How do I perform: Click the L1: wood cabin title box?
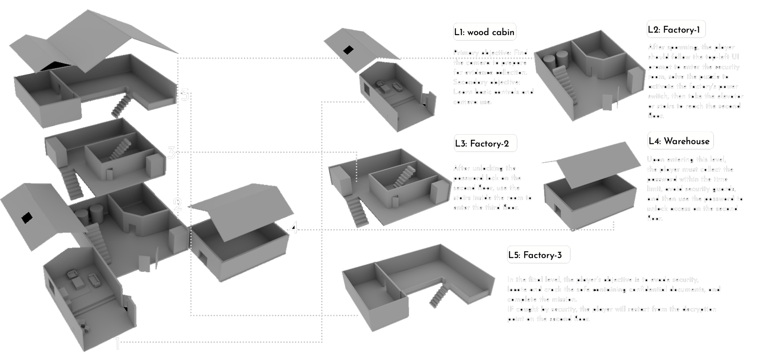[x=484, y=32]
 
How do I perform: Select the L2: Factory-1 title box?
[x=676, y=30]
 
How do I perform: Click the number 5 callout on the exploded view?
[x=185, y=95]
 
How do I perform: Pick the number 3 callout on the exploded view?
[x=171, y=152]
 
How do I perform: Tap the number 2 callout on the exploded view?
[x=178, y=205]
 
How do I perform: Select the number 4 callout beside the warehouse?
[x=294, y=229]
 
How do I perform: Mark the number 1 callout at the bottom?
[x=118, y=345]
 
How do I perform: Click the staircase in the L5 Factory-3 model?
[x=438, y=295]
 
